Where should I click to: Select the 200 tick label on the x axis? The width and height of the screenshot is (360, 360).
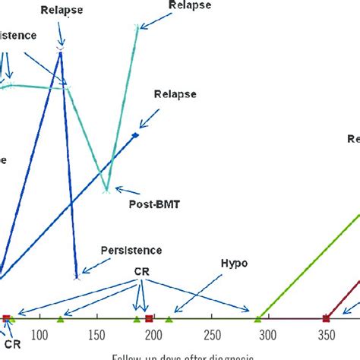coord(154,336)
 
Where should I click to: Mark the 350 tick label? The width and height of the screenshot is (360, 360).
coord(327,336)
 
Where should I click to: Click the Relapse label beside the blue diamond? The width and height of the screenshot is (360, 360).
coord(175,94)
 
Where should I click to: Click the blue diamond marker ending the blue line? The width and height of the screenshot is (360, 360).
coord(135,136)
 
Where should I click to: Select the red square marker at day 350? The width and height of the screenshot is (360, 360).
coord(326,317)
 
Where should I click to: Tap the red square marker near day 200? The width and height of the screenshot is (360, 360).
coord(150,317)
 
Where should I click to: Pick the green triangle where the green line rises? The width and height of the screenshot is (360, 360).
coord(257,317)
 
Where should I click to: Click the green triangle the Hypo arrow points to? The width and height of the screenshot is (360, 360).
coord(169,317)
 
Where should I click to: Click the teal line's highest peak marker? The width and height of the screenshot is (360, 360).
coord(137,27)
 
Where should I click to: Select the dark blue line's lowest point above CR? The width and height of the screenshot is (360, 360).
coord(76,277)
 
